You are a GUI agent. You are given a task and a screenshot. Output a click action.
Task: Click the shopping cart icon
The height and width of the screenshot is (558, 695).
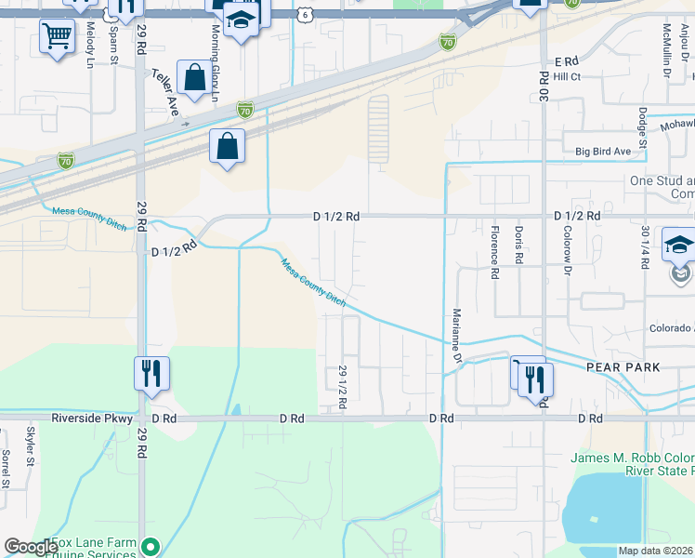point(58,38)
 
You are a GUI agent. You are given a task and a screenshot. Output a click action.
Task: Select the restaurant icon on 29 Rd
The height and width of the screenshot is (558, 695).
point(151,375)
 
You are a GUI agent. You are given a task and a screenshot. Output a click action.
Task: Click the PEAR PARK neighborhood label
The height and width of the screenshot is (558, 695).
point(623,367)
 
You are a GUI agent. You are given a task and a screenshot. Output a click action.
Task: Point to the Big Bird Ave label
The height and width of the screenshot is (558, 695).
point(603,151)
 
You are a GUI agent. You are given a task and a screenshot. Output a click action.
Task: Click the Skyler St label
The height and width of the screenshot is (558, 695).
point(31,446)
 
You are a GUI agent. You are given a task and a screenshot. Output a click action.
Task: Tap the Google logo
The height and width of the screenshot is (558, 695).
point(31,547)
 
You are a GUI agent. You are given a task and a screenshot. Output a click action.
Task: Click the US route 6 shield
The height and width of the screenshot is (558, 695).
point(306,15)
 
